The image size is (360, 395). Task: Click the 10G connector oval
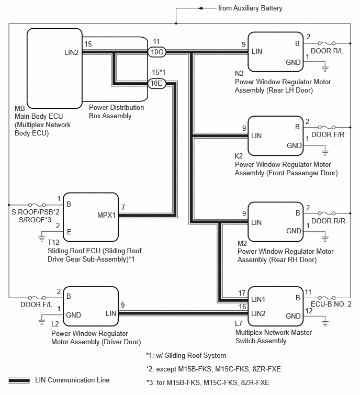coord(156,52)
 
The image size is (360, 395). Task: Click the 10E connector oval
coord(156,83)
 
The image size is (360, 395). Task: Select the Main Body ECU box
coord(54,68)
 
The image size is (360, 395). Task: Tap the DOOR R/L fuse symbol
coord(327,43)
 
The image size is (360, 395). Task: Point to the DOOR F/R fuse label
coord(328,134)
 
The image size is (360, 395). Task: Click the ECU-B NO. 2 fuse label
coord(331,304)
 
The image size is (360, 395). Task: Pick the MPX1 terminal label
coord(106,215)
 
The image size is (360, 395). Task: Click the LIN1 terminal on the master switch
coord(258,299)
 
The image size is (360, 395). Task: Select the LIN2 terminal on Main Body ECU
coord(72,52)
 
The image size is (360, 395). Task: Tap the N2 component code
coord(239,73)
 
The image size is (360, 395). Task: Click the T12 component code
coord(53,242)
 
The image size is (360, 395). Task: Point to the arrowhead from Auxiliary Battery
coord(200,8)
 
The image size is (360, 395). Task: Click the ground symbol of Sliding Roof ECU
coord(41,239)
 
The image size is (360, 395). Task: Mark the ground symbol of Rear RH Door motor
coord(325,239)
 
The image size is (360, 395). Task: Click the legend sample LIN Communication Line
coord(19,380)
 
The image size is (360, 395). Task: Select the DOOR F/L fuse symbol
coord(37,298)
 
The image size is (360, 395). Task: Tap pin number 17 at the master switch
coord(242,293)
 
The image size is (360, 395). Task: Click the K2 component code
coord(239,156)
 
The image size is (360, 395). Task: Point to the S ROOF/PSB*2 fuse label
coord(36,212)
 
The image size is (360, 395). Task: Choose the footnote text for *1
coord(186,355)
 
